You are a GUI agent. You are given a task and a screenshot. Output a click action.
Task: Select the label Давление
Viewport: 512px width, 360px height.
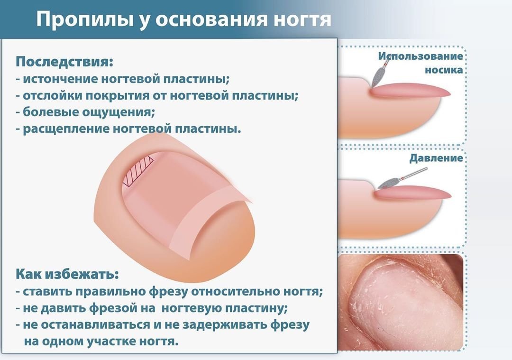(436, 158)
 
